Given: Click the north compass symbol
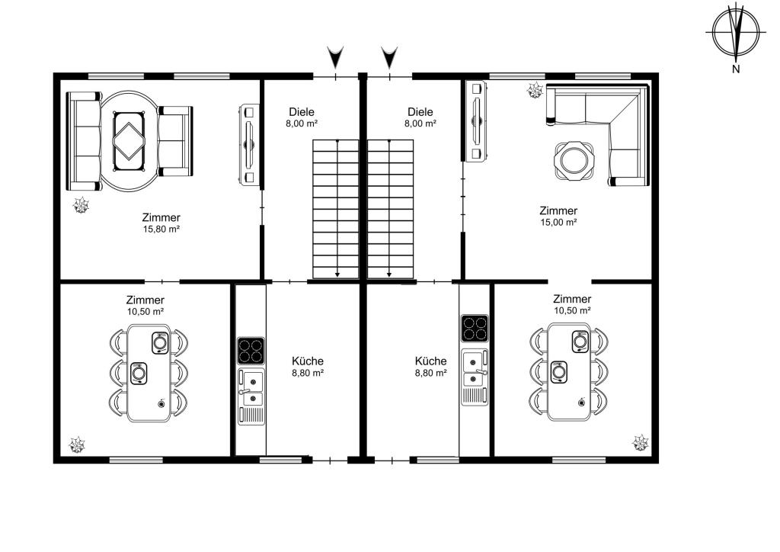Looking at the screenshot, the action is click(x=736, y=33).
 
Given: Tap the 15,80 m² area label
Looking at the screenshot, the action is click(x=161, y=229).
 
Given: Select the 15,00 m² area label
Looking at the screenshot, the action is click(x=558, y=223).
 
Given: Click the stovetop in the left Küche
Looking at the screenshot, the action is click(x=251, y=351).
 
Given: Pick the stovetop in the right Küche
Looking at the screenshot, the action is click(x=475, y=328).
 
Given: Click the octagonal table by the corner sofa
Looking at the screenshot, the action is click(x=574, y=160).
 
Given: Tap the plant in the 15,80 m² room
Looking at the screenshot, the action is click(x=81, y=204).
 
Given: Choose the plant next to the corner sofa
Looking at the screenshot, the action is click(x=535, y=90).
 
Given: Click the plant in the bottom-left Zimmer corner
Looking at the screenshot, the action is click(x=77, y=444).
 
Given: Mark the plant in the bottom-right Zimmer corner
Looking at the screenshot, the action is click(x=640, y=442).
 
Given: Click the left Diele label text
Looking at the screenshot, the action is click(x=302, y=112).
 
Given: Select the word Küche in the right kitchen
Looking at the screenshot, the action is click(x=431, y=361).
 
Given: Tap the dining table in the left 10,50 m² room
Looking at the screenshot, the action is click(x=149, y=374).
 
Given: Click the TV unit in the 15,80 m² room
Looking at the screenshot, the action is click(x=249, y=144).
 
